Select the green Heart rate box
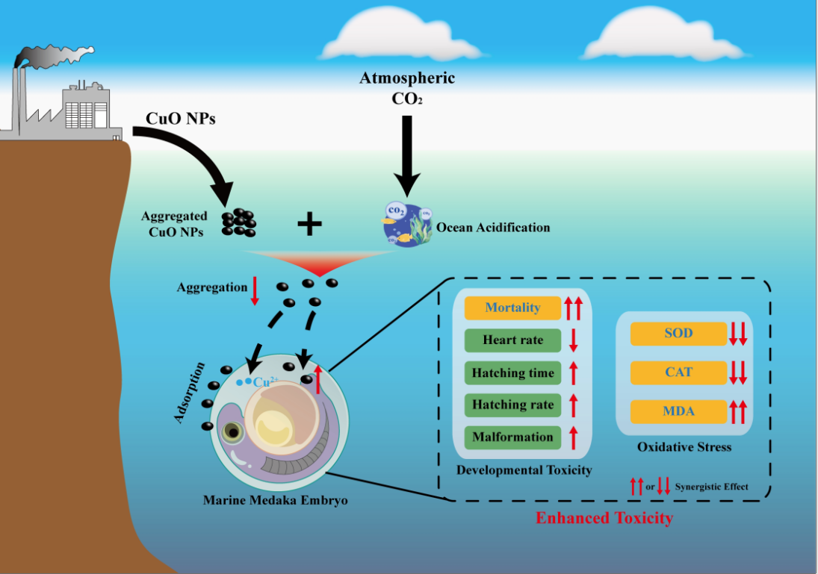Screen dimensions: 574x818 click(x=512, y=340)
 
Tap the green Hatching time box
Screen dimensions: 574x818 click(x=512, y=372)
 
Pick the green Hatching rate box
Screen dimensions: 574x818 click(x=512, y=405)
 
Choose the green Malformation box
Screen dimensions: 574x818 click(x=512, y=437)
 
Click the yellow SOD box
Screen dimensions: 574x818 click(x=678, y=333)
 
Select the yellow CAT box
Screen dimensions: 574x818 click(x=678, y=372)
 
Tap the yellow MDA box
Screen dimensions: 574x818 click(x=678, y=411)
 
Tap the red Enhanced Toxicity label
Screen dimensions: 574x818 click(x=604, y=517)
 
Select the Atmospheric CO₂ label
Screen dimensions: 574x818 click(x=407, y=87)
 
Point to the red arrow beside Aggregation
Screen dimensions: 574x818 click(x=254, y=290)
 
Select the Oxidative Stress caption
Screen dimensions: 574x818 click(x=684, y=447)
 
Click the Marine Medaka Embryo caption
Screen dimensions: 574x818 click(x=275, y=499)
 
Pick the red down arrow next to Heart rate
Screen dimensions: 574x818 click(x=574, y=340)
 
